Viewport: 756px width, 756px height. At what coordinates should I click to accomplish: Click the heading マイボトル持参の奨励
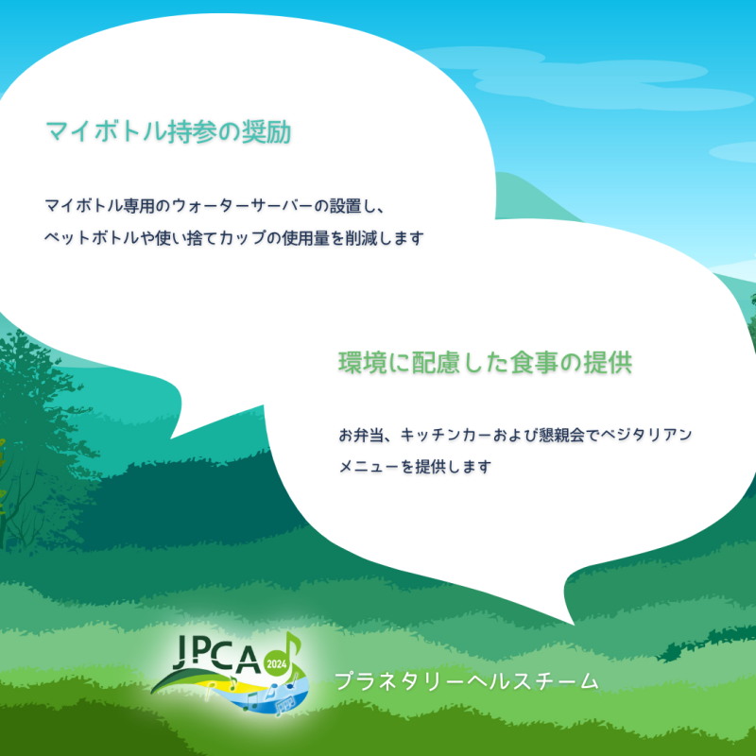coord(168,131)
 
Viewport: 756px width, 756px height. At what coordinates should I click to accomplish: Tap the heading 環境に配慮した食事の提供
coord(485,363)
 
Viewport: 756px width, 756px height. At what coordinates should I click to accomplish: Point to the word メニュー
coord(369,467)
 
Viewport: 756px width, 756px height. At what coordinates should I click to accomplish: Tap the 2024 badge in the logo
coord(277,664)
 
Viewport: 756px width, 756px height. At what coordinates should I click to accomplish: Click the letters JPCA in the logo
coord(217,654)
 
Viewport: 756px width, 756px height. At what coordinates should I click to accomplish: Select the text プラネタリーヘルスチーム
coord(466,680)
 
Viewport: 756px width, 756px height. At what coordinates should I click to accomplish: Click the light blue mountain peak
coord(512,174)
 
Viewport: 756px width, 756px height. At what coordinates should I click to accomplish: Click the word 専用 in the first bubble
coord(139,206)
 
